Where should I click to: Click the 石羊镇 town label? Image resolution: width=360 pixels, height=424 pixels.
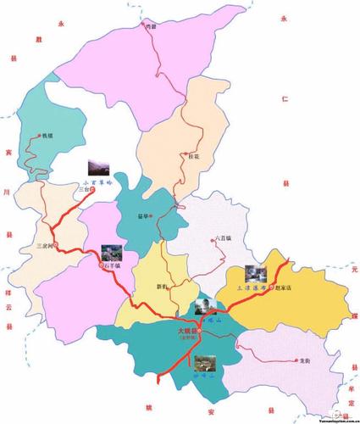[x=114, y=265]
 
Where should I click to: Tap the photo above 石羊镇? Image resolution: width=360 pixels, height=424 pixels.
[x=111, y=252]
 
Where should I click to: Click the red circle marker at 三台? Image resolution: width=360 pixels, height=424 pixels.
[x=93, y=190]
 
